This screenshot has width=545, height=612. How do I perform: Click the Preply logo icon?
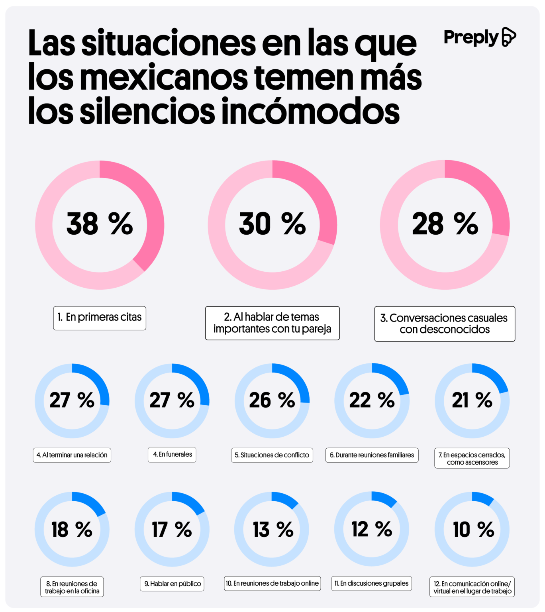509,37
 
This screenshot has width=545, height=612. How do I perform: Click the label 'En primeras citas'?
100,318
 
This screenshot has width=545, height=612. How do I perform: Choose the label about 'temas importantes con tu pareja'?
272,323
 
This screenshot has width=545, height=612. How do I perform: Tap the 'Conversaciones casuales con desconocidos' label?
445,324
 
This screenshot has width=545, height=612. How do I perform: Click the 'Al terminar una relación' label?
72,455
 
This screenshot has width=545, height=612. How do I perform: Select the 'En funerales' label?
172,455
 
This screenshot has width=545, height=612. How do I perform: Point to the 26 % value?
272,400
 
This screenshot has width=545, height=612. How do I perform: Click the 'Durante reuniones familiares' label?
372,455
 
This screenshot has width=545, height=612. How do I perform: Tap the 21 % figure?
472,400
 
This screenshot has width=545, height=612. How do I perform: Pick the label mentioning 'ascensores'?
472,459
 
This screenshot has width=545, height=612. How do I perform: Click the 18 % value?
72,530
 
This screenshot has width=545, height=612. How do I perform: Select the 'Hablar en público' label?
172,584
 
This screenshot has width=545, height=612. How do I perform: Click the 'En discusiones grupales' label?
372,584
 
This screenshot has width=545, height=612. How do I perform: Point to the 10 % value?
473,530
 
